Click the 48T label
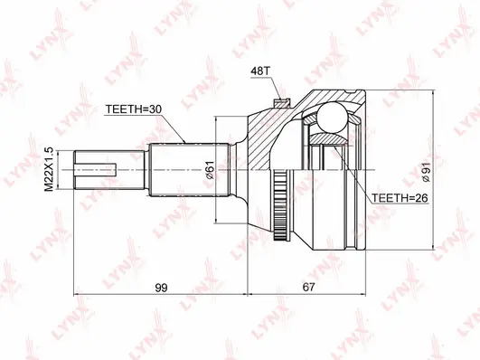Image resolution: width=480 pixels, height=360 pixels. pyautogui.click(x=260, y=68)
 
